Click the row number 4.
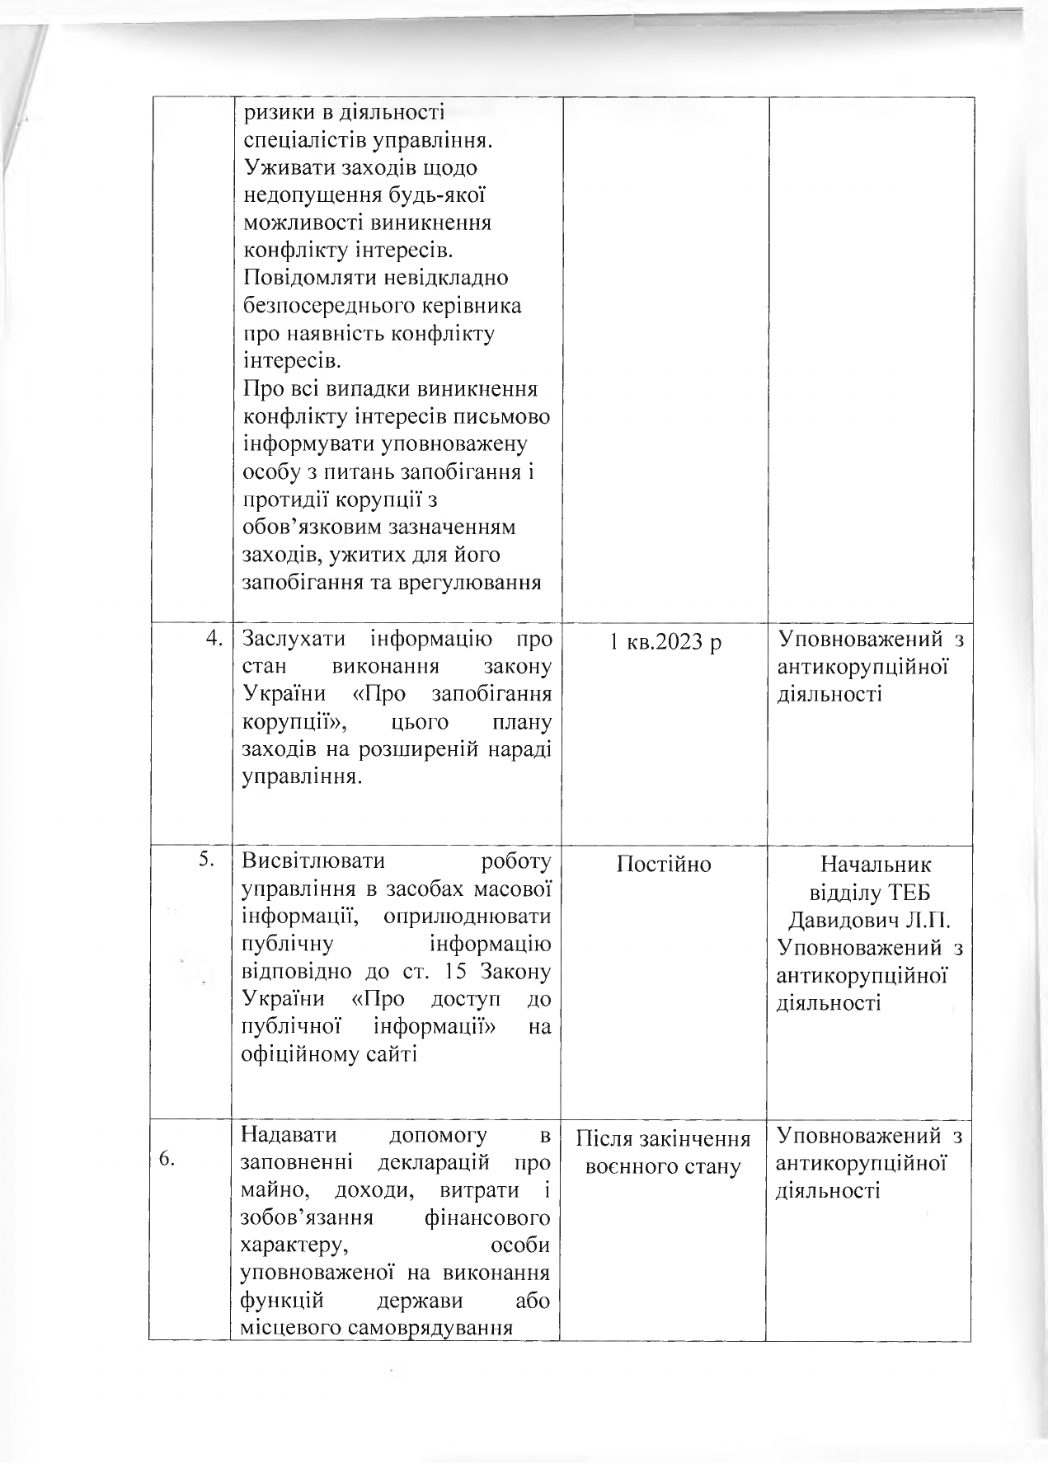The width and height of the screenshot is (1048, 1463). click(214, 639)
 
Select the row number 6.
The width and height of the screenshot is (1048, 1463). click(167, 1158)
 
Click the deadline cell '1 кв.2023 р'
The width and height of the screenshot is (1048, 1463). click(665, 640)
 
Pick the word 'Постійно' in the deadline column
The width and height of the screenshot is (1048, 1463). click(664, 864)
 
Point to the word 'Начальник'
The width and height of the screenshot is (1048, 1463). click(876, 865)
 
